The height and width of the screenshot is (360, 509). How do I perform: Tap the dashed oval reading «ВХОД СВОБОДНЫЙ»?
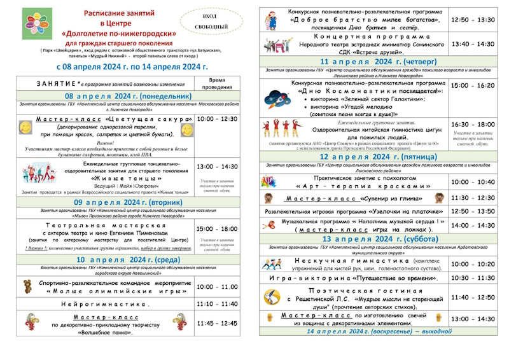click(209, 21)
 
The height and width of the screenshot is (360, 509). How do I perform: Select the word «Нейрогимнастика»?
click(106, 304)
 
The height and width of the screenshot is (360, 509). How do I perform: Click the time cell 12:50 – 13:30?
click(472, 20)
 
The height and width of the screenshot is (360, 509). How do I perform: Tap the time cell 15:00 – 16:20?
click(472, 85)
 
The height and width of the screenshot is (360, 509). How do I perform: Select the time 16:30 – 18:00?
click(472, 125)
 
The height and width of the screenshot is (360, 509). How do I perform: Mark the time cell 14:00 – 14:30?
click(472, 225)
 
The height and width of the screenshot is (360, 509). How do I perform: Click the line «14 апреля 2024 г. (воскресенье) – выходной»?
click(372, 331)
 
